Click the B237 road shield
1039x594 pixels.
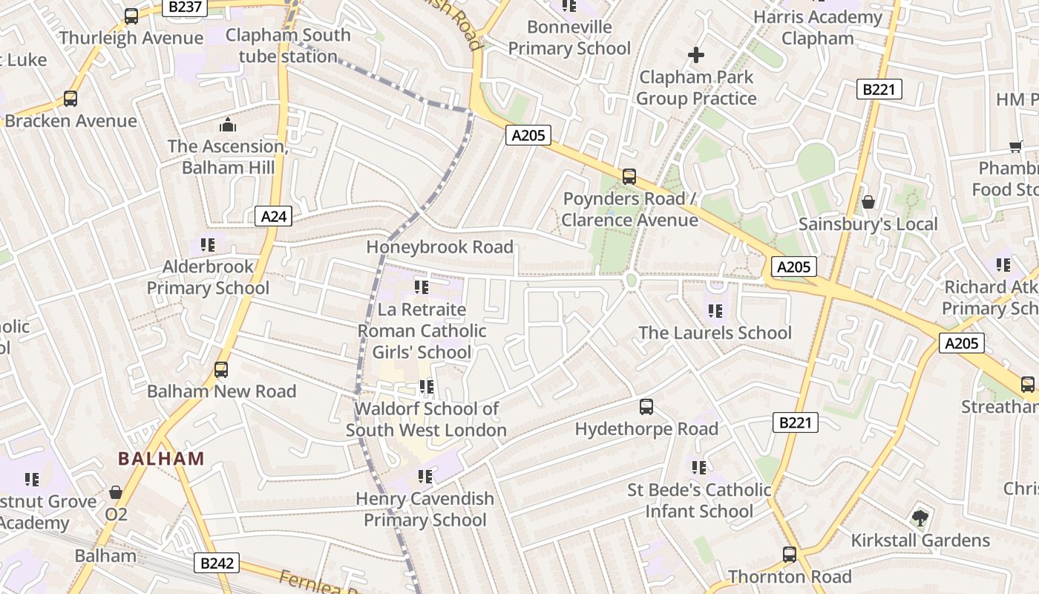(x=185, y=7)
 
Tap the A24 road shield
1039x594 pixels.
(x=274, y=216)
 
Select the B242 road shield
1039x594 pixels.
(x=217, y=563)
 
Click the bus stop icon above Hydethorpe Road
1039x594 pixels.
(x=646, y=406)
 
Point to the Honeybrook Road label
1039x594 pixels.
(x=439, y=247)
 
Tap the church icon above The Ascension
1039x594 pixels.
(x=228, y=124)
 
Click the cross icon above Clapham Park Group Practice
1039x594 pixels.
(x=695, y=54)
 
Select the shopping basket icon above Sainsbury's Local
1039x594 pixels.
(x=868, y=202)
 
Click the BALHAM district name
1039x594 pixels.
(x=161, y=458)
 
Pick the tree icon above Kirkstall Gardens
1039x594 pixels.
(x=920, y=518)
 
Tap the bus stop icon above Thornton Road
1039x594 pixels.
(x=790, y=554)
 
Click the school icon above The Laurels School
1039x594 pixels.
(x=715, y=310)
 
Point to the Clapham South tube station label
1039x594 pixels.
(x=288, y=45)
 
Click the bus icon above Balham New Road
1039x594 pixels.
(x=220, y=369)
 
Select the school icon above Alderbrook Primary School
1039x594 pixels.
(x=208, y=244)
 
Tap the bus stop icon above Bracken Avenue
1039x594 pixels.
(x=71, y=98)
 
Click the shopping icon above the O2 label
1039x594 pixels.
(x=116, y=492)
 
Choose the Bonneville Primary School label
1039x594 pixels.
(x=569, y=38)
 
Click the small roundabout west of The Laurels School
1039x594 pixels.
(x=632, y=280)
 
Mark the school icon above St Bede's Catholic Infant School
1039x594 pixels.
(x=698, y=467)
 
